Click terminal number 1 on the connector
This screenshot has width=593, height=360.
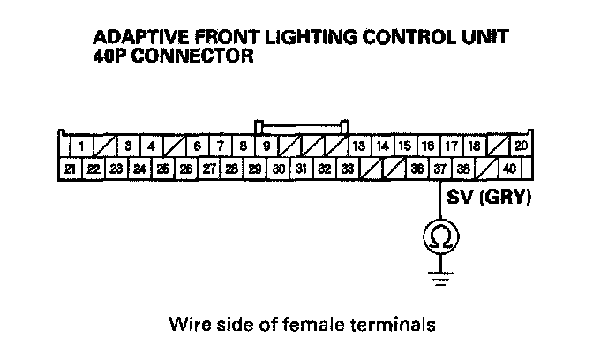(81, 146)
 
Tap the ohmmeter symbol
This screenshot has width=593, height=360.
(440, 236)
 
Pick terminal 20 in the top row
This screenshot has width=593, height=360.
(521, 146)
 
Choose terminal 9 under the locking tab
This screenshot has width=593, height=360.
(266, 146)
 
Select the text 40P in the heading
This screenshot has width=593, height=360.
(110, 57)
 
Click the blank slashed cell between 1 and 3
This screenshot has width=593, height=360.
(104, 146)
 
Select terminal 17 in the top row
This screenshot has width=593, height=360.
(451, 146)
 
